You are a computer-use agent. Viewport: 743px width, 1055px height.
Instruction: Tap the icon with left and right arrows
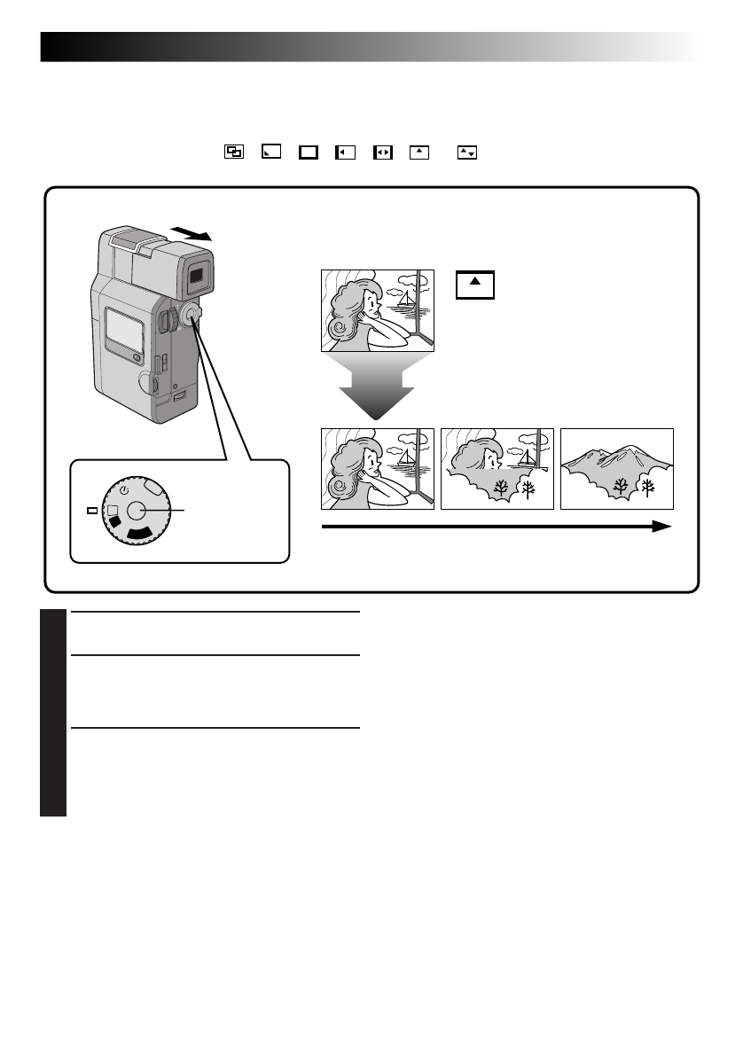(x=382, y=152)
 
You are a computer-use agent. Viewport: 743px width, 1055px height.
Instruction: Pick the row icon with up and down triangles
(x=466, y=152)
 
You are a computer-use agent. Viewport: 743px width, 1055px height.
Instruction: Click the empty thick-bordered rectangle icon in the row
(x=308, y=152)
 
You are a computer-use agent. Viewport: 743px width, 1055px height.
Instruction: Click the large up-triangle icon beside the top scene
(x=474, y=285)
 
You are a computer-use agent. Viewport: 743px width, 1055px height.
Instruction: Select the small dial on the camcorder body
(x=189, y=316)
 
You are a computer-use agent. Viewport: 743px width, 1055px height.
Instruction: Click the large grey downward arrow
(x=377, y=386)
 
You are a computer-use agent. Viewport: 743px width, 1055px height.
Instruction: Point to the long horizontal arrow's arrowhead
(x=661, y=526)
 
